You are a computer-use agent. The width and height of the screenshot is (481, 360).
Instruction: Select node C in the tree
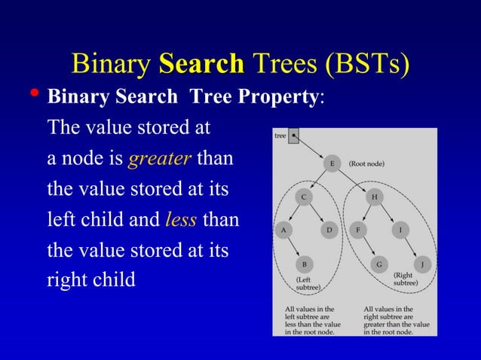click(304, 197)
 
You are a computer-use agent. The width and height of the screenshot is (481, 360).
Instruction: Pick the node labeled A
click(283, 230)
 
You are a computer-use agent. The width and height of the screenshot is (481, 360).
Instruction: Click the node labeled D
click(329, 230)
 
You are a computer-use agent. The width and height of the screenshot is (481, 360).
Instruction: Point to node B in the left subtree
click(304, 264)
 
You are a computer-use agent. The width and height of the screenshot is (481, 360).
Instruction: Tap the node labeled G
click(378, 264)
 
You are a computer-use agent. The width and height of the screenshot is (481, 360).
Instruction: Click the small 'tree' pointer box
click(293, 137)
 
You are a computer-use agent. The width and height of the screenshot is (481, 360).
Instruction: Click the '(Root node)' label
click(368, 163)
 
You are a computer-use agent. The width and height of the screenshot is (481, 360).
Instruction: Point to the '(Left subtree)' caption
click(308, 283)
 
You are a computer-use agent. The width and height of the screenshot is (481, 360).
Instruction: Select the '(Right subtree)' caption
click(403, 280)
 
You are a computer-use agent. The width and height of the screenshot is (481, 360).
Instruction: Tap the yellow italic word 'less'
click(181, 220)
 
